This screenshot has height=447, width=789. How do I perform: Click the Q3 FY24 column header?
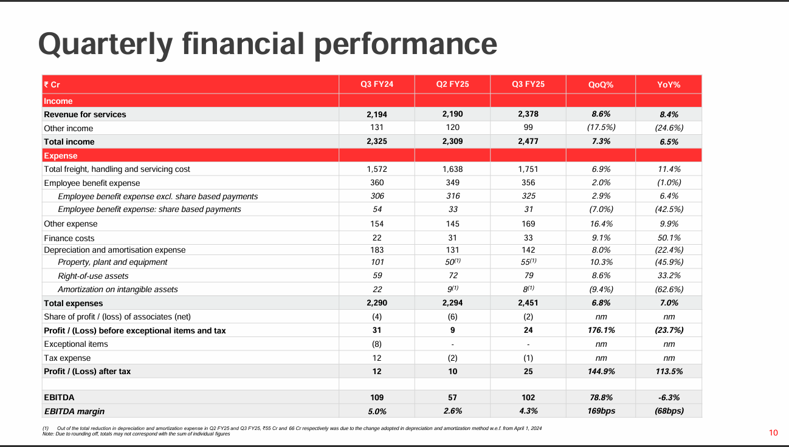pos(376,84)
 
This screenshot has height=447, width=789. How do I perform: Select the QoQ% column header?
pos(601,85)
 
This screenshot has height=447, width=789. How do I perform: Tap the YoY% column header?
pos(669,85)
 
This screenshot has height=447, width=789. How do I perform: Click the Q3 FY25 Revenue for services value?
pos(528,114)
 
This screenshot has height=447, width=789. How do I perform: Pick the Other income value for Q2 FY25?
pos(452,128)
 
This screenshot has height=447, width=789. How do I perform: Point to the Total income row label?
pos(69,142)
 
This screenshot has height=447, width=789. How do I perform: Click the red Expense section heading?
pos(61,155)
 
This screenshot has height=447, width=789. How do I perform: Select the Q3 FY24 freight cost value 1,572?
pos(376,169)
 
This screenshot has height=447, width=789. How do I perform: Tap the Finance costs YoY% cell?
pos(669,238)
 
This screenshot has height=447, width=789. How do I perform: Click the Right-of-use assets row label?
pos(93,276)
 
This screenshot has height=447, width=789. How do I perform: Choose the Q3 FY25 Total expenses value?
pos(528,302)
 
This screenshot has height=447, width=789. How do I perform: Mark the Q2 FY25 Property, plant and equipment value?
pos(453,262)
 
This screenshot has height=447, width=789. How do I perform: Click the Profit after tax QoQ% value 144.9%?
pos(601,371)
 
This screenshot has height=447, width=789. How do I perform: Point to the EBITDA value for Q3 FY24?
pos(376,398)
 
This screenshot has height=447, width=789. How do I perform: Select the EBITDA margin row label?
pos(74,411)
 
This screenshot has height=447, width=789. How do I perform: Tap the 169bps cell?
pos(601,411)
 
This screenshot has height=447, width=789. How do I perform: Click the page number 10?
pos(773,432)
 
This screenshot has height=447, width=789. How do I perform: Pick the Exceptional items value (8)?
pos(376,344)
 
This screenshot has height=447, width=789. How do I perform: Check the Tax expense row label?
pos(67,358)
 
